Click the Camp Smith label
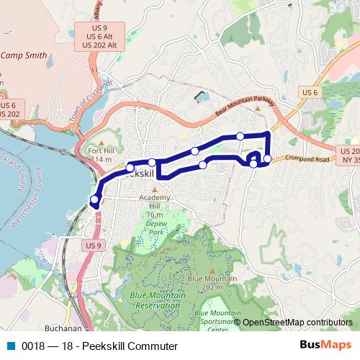(24, 55)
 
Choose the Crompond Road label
(307, 158)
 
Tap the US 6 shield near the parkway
(310, 92)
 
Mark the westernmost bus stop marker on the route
(94, 199)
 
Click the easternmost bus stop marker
(267, 158)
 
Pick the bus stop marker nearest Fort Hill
(130, 168)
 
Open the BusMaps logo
(325, 345)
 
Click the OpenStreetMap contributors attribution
(297, 323)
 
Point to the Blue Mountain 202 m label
(212, 283)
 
